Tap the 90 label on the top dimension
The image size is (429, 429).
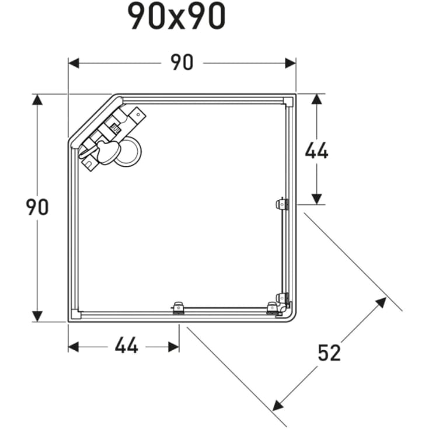click(182, 62)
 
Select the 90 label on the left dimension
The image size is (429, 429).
click(37, 207)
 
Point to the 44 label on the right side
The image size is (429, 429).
click(316, 151)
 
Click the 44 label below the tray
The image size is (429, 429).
click(126, 346)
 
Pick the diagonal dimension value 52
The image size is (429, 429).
click(329, 353)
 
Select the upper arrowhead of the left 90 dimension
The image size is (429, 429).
click(37, 99)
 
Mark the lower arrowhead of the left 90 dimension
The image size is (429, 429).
click(37, 316)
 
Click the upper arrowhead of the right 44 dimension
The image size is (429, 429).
click(316, 99)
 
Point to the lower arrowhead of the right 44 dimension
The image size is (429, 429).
click(316, 199)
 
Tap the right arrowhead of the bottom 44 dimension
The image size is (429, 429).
click(173, 347)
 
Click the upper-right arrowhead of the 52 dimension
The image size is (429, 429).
click(381, 302)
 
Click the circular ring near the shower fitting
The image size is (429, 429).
click(128, 152)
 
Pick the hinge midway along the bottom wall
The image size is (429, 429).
click(177, 308)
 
